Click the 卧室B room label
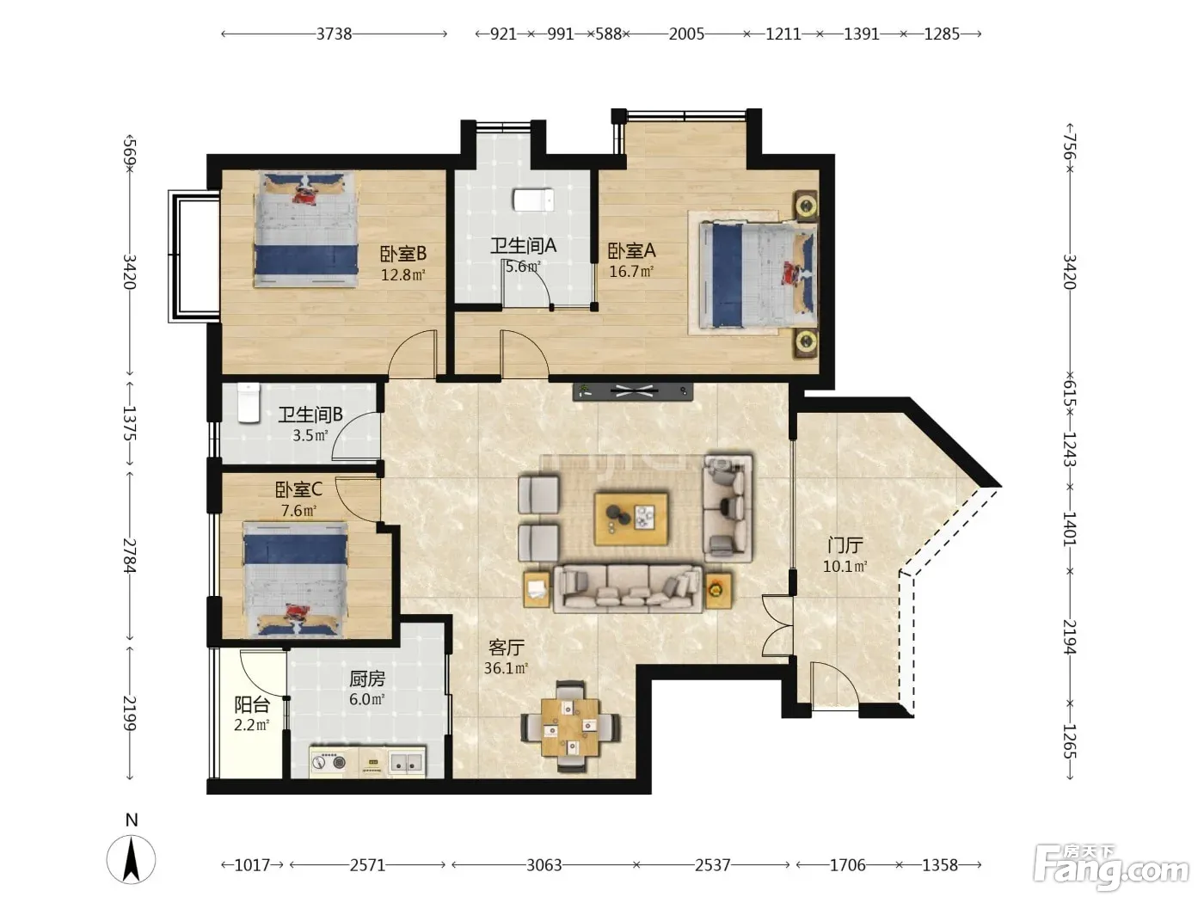403,254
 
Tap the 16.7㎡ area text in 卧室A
631,272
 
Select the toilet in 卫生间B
249,403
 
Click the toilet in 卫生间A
533,200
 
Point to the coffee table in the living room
631,519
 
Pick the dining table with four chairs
570,727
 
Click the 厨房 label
367,679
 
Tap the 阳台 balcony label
252,704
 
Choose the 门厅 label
845,545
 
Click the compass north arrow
131,860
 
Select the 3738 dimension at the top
334,34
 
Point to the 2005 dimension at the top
686,34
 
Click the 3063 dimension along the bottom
544,865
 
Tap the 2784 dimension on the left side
130,556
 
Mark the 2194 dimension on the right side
1070,636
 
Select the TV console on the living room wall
633,391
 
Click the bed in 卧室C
295,579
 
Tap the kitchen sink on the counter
407,762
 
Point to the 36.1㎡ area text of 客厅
506,668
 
